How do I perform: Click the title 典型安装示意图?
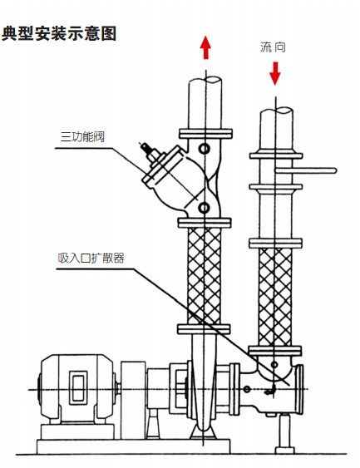(59, 33)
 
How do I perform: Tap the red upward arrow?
(205, 47)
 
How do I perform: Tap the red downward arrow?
(275, 73)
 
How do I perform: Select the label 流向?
(273, 47)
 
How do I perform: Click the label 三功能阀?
(82, 136)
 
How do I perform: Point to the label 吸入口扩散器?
(91, 258)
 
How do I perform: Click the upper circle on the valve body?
(205, 148)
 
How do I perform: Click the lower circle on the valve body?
(204, 208)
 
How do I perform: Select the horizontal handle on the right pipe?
(306, 170)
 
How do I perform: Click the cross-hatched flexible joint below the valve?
(205, 276)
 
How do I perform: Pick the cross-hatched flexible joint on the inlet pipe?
(275, 298)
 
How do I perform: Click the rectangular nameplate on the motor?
(79, 387)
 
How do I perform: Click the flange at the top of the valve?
(205, 133)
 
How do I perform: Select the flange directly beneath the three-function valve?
(205, 223)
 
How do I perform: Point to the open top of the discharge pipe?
(205, 80)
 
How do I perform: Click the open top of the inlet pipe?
(276, 111)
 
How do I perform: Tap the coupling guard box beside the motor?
(133, 400)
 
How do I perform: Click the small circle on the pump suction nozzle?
(247, 389)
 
